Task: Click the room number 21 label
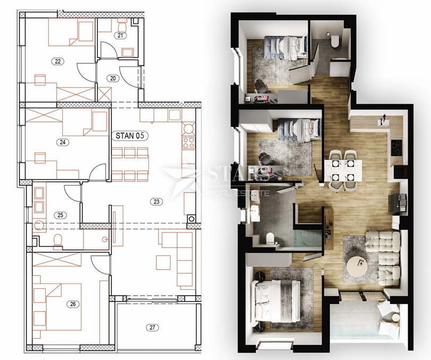120,35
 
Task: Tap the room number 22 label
58,61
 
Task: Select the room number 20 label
113,78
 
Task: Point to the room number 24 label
63,142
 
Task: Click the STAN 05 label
130,136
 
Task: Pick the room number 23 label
156,202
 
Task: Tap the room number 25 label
61,215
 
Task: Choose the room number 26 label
73,304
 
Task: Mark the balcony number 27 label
153,327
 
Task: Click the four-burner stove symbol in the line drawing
189,143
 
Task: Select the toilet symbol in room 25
58,240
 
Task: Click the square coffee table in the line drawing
163,263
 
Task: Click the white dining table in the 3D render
343,171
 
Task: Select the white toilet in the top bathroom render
335,41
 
